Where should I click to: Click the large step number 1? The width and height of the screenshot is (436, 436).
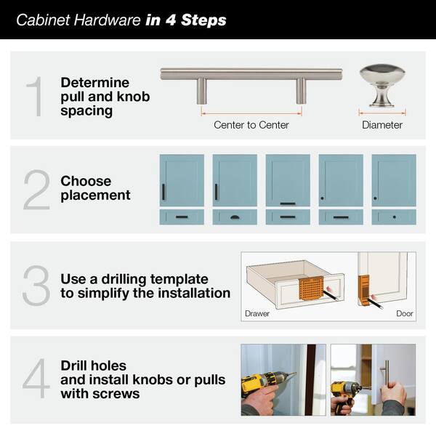tap(34, 97)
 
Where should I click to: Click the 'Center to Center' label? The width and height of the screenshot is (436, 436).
tap(251, 125)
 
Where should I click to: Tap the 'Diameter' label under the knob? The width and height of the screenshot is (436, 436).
tap(382, 125)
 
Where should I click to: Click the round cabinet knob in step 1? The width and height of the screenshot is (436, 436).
tap(381, 85)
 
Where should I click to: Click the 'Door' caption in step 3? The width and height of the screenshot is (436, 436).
tap(405, 315)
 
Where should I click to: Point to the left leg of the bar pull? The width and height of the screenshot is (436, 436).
tap(202, 90)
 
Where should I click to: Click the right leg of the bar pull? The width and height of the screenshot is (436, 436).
tap(300, 90)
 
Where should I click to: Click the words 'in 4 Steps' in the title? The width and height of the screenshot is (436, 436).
tap(186, 20)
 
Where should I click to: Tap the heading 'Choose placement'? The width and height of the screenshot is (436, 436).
tap(95, 187)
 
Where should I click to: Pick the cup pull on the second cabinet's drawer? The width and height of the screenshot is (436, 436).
tap(235, 217)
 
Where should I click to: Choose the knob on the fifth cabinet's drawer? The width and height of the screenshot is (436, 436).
tap(394, 217)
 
